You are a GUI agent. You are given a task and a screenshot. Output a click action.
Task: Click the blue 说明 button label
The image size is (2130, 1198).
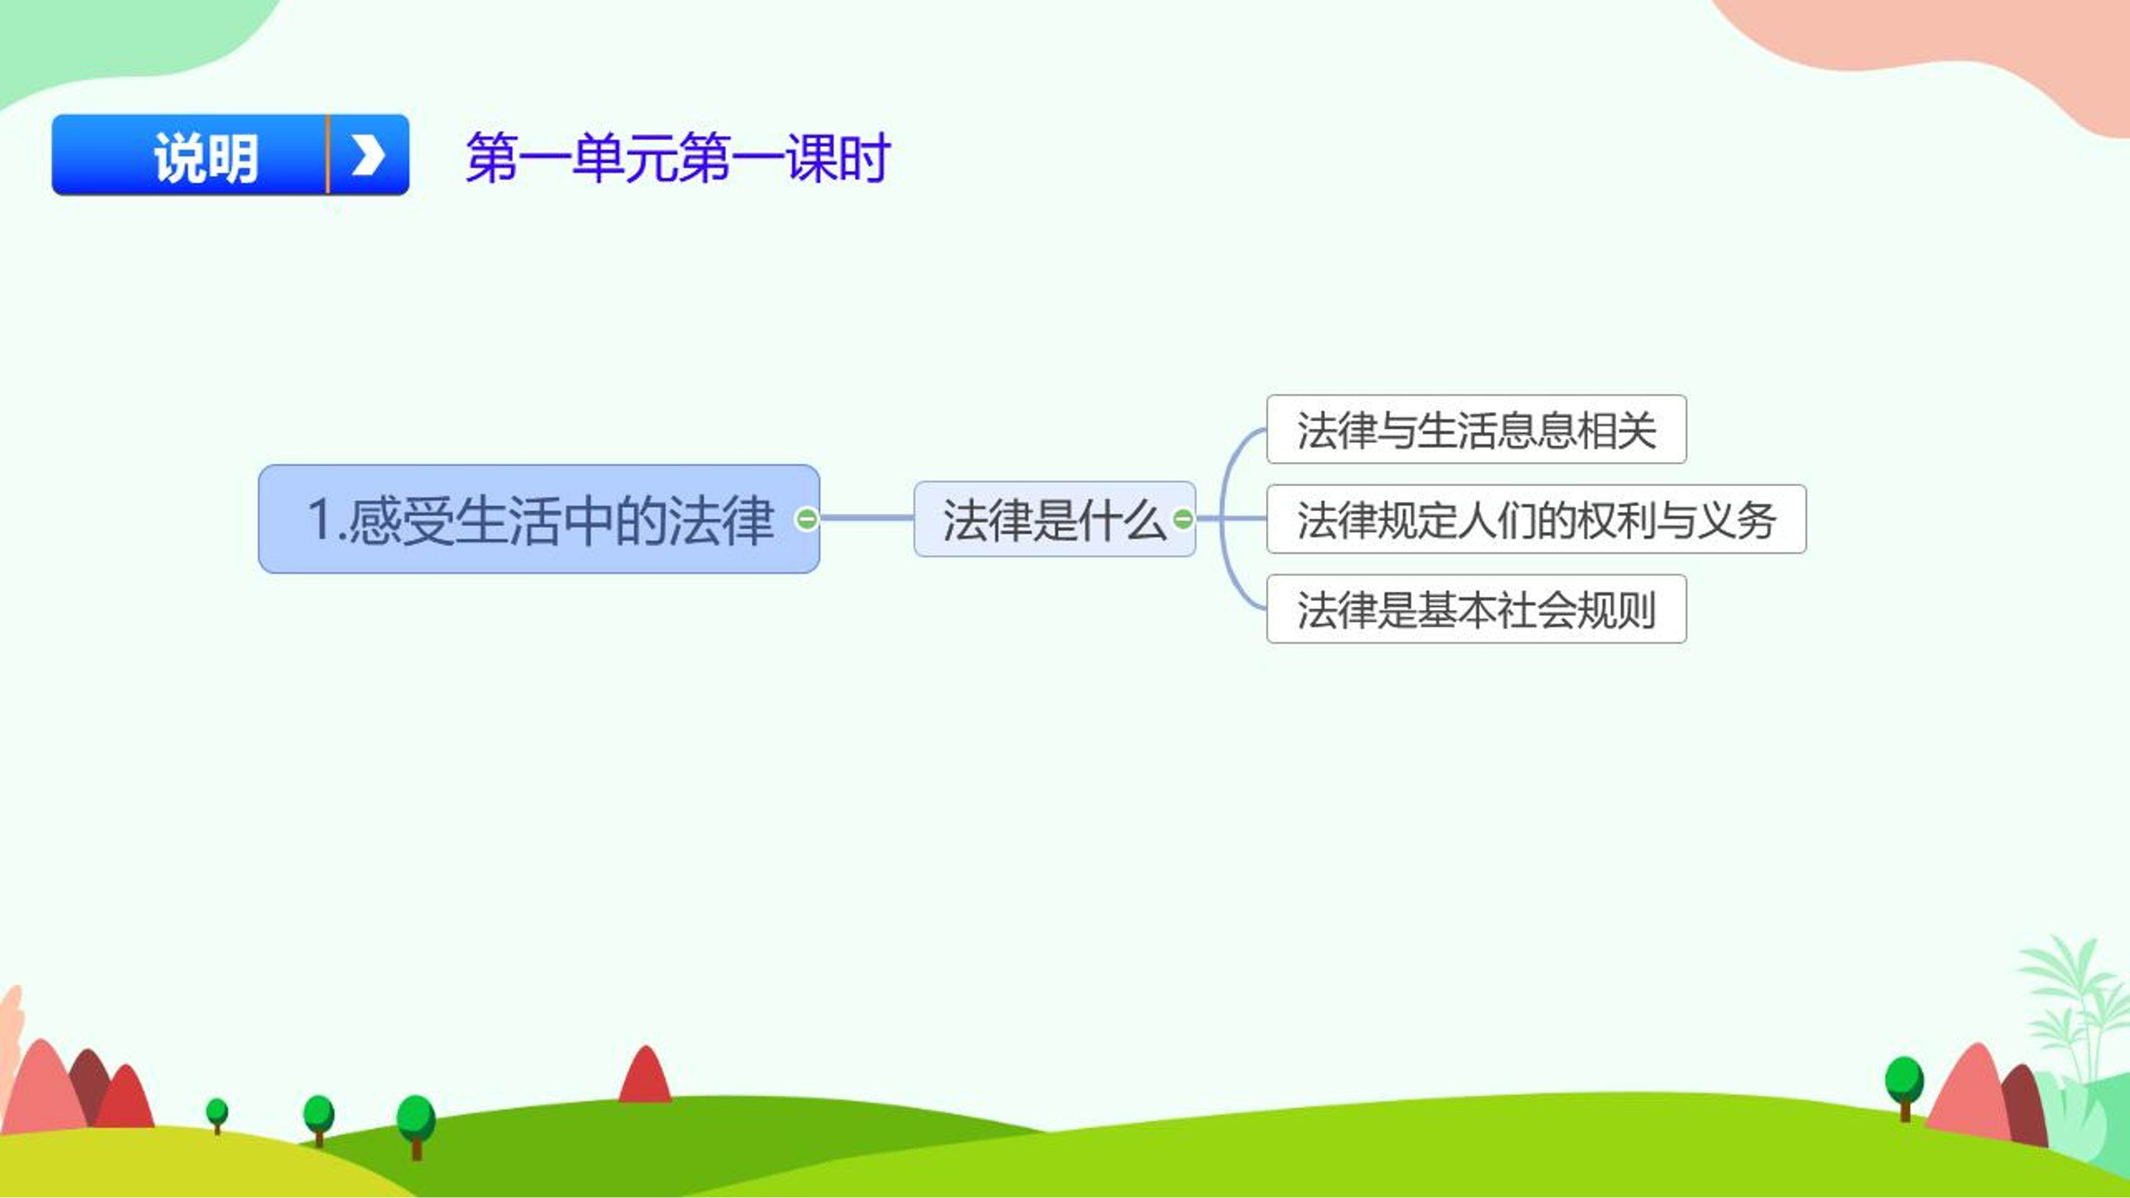click(206, 157)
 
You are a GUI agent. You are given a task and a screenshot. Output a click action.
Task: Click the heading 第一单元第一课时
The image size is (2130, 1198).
click(678, 157)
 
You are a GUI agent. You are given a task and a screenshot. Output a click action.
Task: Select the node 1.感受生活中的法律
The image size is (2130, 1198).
click(539, 519)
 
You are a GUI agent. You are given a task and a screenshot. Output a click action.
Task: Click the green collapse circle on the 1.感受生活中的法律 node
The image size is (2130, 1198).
click(806, 519)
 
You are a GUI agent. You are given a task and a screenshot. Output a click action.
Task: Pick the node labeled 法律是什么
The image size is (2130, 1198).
click(1054, 519)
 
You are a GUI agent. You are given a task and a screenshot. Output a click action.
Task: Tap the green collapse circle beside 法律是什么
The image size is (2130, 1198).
click(1183, 519)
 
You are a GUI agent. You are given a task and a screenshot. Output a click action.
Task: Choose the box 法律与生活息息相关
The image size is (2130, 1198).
click(1476, 429)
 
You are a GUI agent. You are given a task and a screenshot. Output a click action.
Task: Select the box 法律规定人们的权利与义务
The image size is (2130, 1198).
click(1536, 519)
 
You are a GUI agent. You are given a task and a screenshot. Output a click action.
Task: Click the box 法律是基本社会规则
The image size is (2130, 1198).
click(1476, 609)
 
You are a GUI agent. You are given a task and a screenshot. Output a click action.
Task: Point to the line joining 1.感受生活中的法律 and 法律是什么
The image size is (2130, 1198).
click(866, 519)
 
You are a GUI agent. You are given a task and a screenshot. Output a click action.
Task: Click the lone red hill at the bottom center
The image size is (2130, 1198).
click(646, 1074)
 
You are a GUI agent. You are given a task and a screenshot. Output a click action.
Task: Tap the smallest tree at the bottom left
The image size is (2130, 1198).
click(217, 1115)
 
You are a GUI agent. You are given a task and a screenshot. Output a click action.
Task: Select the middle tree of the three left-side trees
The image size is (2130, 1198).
click(318, 1120)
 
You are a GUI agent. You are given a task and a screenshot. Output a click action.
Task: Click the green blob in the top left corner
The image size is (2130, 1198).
click(124, 41)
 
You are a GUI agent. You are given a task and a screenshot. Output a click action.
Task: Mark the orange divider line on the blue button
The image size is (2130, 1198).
click(328, 155)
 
